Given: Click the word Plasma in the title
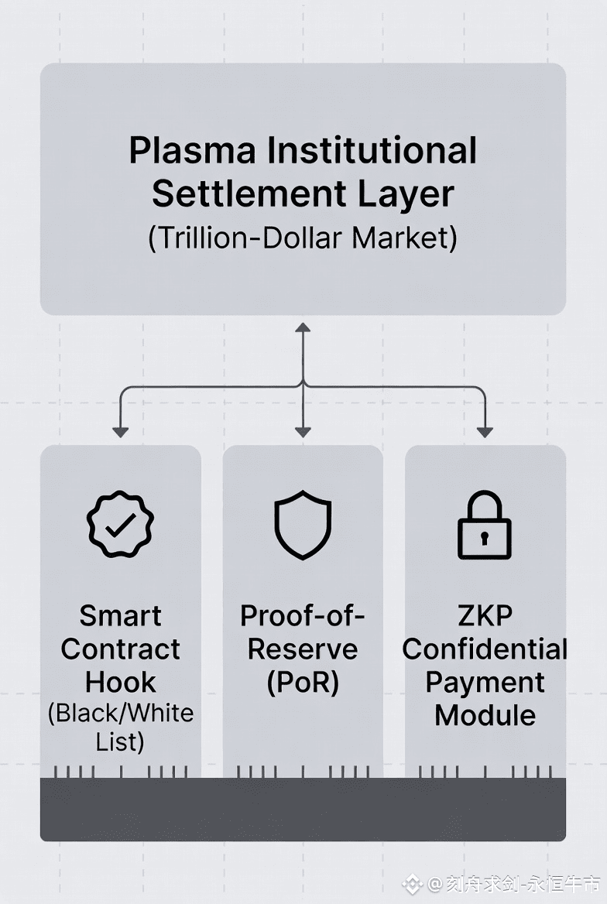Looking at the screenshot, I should pyautogui.click(x=191, y=151).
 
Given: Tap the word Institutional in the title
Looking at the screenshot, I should pyautogui.click(x=372, y=151).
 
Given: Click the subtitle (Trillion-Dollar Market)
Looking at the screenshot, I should pyautogui.click(x=303, y=238).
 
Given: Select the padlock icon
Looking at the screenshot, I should pyautogui.click(x=485, y=526).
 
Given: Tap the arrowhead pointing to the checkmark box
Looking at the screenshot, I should pyautogui.click(x=120, y=431).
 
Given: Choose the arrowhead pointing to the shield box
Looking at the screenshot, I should pyautogui.click(x=303, y=431).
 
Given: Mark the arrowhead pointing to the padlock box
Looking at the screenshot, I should pyautogui.click(x=485, y=431).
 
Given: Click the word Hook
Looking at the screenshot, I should pyautogui.click(x=120, y=683).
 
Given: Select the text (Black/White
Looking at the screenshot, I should pyautogui.click(x=120, y=713).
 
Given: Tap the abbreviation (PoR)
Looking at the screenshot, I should pyautogui.click(x=303, y=683).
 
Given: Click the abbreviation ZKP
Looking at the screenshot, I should pyautogui.click(x=485, y=616).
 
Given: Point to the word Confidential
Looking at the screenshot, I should pyautogui.click(x=485, y=649).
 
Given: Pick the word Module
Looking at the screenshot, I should pyautogui.click(x=485, y=715).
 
